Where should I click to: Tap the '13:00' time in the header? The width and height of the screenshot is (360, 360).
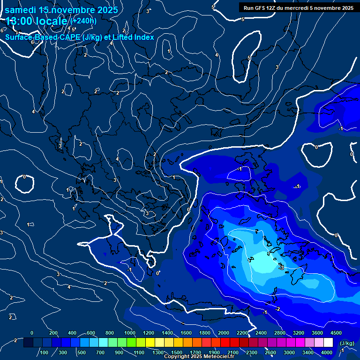tap(19, 21)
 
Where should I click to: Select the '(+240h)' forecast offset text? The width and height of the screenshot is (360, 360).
tap(83, 21)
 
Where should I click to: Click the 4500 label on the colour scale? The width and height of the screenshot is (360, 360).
tap(336, 333)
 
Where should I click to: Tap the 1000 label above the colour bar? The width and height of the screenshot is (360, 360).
tap(129, 333)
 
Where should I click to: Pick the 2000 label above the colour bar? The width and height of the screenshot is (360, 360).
tap(224, 333)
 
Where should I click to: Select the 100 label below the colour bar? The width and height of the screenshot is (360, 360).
tap(44, 352)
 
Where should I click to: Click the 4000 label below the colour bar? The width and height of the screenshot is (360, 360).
tap(327, 352)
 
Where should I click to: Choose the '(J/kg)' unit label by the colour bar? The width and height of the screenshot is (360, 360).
tap(347, 344)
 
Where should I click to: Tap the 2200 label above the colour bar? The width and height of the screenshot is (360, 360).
tap(242, 333)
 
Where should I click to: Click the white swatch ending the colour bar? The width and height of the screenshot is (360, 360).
tap(329, 343)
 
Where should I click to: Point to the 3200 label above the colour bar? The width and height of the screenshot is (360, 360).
tap(299, 333)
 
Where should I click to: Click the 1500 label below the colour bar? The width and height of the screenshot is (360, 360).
tap(176, 352)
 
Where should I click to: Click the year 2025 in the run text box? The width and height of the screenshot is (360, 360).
tap(346, 7)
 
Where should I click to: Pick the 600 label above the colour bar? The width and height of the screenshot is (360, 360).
tap(91, 333)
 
